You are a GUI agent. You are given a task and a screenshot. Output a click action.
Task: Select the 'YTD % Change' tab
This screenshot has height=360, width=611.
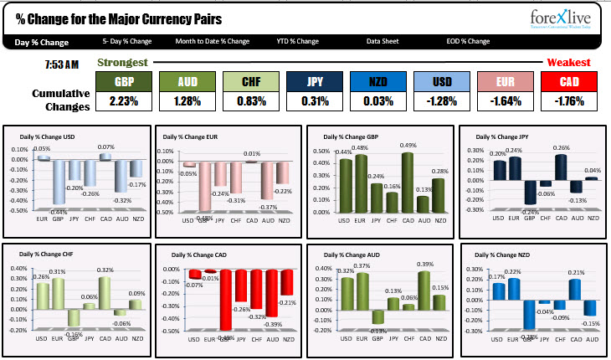(x=297, y=41)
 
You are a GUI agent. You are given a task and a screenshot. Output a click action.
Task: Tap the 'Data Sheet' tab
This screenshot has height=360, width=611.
(x=383, y=41)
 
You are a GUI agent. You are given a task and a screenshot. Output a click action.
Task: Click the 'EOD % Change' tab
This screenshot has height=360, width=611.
(x=468, y=41)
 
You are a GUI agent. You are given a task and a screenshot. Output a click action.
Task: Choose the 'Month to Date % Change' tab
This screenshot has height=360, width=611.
(x=212, y=41)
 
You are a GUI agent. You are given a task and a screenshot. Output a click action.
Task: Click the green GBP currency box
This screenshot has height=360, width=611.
(x=123, y=82)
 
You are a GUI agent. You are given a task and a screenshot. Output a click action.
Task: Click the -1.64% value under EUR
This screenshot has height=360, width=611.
(x=504, y=102)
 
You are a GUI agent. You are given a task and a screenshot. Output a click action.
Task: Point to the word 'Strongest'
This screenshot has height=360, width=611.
(x=122, y=63)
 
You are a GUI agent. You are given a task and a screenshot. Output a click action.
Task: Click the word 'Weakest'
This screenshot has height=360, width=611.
(x=568, y=63)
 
